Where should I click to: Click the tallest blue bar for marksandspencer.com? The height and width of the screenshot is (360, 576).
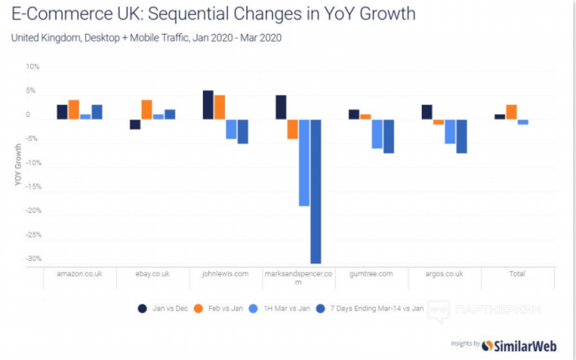point(315,191)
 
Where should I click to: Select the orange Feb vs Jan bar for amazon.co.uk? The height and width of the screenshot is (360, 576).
point(74,109)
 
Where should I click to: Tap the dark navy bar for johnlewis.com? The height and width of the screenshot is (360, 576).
point(207,105)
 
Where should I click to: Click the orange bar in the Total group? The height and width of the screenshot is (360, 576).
point(511,112)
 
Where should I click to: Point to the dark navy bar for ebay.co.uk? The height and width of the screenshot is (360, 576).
point(135,124)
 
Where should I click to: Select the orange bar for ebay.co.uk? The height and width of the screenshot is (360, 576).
point(146,109)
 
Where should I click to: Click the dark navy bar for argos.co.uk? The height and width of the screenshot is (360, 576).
point(426,112)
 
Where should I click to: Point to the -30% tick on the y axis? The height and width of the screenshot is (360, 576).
point(32,259)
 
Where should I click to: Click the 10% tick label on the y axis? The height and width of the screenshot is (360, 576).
point(33,67)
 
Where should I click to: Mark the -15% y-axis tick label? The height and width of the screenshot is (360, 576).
point(32,187)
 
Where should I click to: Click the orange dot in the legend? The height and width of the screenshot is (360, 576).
point(200,309)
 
